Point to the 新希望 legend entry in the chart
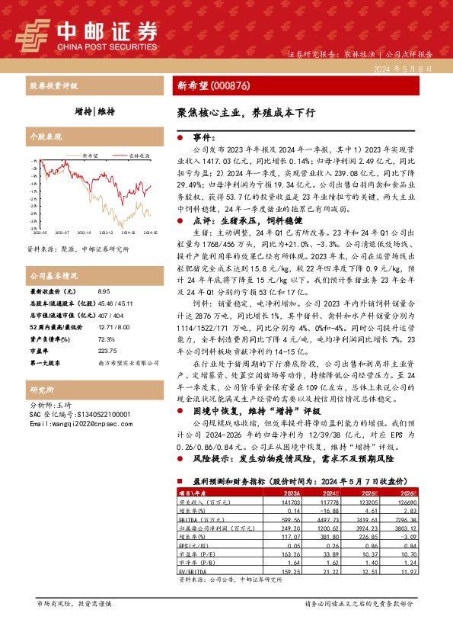coord(90,154)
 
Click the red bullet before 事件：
coord(180,138)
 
